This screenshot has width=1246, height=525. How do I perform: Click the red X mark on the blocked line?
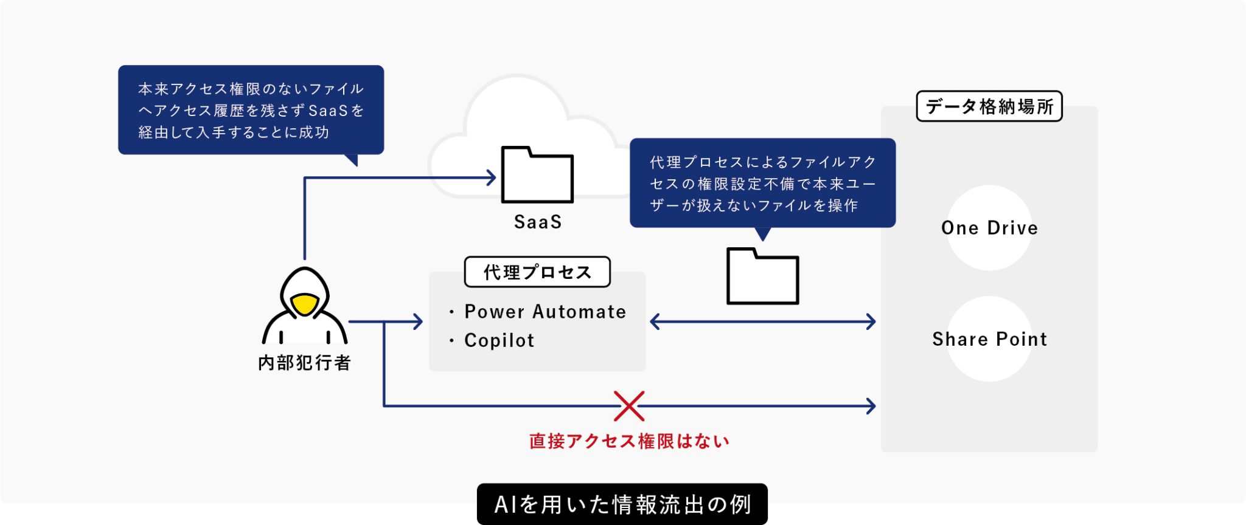tap(629, 406)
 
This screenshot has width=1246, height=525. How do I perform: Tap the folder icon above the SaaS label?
tap(537, 176)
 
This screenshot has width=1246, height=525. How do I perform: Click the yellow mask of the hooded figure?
tap(305, 304)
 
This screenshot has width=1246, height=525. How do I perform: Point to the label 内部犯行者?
tap(305, 363)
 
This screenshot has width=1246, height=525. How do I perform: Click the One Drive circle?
tap(989, 228)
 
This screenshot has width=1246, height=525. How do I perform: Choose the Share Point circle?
tap(989, 339)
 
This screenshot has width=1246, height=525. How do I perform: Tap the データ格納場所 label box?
tap(989, 106)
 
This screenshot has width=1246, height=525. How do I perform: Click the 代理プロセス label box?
tap(537, 272)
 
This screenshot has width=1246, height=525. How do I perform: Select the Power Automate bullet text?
tap(545, 312)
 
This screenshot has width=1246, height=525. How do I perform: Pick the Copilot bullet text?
tap(499, 340)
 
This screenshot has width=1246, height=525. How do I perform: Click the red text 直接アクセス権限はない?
tap(629, 441)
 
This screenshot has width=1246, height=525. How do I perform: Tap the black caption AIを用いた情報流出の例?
tap(622, 504)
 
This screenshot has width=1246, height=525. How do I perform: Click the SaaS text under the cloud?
tap(538, 222)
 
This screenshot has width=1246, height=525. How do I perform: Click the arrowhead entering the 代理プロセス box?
tap(418, 321)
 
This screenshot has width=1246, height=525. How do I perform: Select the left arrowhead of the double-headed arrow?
tap(655, 321)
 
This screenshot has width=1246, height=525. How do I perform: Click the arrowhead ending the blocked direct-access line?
tap(871, 406)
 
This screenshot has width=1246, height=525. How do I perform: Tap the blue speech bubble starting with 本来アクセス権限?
tap(251, 110)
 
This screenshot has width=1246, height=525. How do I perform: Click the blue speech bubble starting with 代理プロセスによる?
tap(762, 183)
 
